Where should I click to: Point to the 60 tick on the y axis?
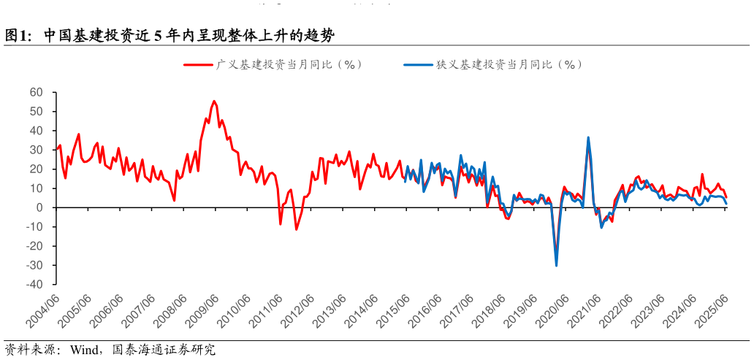point(37,92)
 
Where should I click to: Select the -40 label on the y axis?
point(35,284)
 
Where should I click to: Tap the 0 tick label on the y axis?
point(40,207)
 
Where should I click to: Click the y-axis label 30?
point(37,150)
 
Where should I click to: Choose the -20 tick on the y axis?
point(35,245)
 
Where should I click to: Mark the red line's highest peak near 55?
point(214,102)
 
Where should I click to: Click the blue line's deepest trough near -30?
point(557,265)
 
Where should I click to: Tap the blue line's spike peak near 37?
point(588,137)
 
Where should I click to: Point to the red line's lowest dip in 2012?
point(296,229)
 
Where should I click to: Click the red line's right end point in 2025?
point(726,197)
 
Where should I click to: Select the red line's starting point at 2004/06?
point(56,150)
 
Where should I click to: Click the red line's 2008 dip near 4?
point(174,200)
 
